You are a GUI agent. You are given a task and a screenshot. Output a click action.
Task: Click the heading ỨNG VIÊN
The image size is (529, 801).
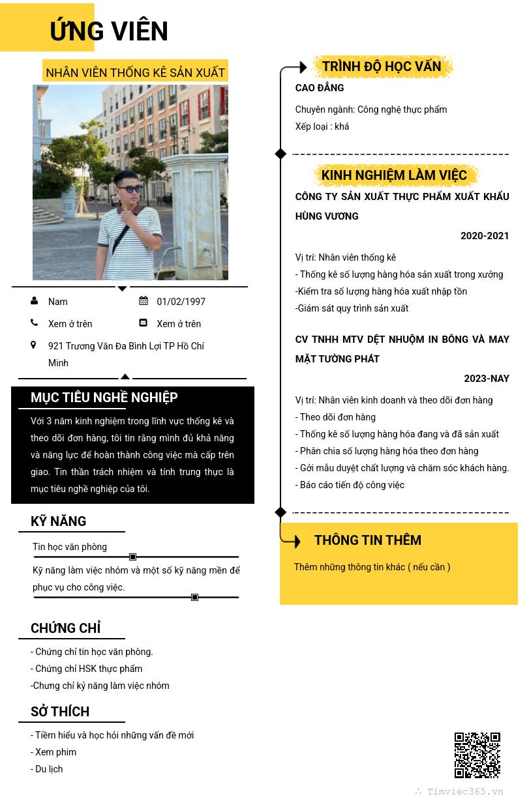coord(109,31)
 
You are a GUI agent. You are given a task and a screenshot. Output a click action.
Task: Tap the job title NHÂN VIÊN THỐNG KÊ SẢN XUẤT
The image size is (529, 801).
coord(136,72)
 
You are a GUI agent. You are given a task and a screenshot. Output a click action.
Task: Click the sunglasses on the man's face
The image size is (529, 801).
coord(129,189)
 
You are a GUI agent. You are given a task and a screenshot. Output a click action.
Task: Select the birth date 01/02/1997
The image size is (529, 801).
coord(181,302)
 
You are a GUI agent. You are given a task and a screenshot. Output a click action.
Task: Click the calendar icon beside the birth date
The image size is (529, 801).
coord(144,301)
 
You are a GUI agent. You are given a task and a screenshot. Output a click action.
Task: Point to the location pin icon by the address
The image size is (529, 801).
coord(33,345)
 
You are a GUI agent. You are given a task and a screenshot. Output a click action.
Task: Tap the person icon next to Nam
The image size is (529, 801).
coord(34,301)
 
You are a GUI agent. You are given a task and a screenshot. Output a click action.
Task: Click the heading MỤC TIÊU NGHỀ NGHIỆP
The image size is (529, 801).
coord(104,398)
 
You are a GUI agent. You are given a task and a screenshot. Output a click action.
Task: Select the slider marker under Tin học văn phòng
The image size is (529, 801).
coord(132,557)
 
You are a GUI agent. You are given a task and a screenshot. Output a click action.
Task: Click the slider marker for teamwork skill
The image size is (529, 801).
coord(194,597)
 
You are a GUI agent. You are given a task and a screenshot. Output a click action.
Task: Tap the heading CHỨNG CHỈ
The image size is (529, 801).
coord(66,628)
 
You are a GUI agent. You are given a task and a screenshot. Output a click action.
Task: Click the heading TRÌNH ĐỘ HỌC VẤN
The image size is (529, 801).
coord(382,66)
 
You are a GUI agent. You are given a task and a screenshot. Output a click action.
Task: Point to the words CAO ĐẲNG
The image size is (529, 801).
coord(320,88)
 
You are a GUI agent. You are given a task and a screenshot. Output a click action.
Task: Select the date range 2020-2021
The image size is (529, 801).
coord(485,236)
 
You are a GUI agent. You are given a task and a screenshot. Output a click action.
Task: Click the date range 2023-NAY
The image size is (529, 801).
coord(487,379)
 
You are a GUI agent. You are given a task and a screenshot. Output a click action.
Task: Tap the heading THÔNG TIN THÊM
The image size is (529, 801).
coord(368,540)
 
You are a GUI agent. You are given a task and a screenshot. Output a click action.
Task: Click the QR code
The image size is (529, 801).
coord(477,755)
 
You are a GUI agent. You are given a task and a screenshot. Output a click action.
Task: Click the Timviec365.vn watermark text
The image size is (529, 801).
coord(465,791)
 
